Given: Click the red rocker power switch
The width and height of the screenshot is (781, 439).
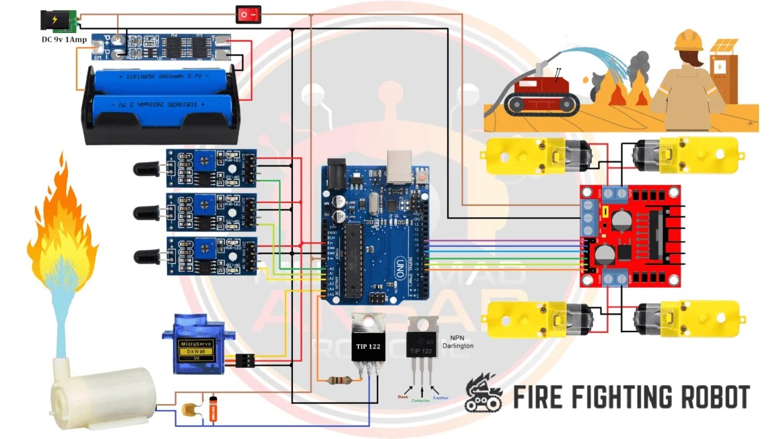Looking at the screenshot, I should (x=248, y=13).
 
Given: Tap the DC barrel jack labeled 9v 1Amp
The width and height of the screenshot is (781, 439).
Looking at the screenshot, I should (x=57, y=21).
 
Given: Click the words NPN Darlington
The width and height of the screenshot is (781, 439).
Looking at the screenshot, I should (x=458, y=341).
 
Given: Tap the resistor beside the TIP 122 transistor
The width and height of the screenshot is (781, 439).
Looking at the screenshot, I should (x=337, y=381).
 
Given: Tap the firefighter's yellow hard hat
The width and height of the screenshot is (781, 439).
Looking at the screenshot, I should (x=689, y=40).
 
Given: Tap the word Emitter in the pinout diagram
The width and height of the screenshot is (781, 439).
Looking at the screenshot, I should (x=440, y=398).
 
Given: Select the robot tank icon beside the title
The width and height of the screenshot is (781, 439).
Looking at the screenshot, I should (x=484, y=393).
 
